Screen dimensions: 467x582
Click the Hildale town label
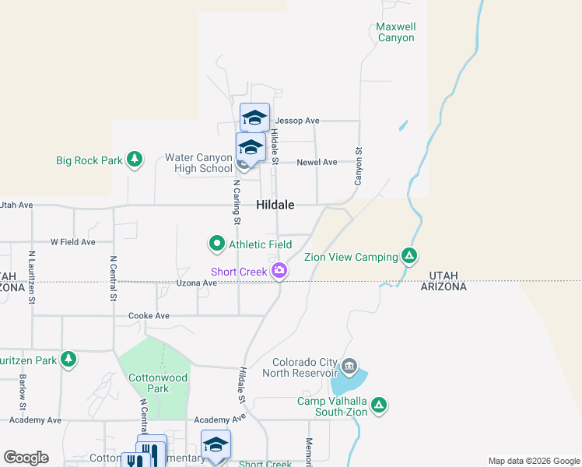(275, 205)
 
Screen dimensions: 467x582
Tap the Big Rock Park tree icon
(135, 160)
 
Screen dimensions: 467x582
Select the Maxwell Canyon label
(395, 32)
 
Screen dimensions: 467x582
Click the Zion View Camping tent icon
(408, 256)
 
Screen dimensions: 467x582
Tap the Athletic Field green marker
(217, 244)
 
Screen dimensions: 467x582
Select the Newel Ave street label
(317, 162)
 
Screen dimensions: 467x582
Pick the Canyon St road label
(359, 167)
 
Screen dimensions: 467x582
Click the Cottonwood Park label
(148, 382)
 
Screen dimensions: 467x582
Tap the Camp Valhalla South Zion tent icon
(379, 405)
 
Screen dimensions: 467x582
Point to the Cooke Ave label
(149, 316)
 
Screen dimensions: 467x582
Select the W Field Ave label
(73, 242)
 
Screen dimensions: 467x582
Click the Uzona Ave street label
(196, 283)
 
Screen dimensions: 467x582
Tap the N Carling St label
(237, 204)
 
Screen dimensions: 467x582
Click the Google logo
(26, 458)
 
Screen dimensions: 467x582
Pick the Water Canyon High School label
(198, 163)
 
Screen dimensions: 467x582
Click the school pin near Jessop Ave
(254, 118)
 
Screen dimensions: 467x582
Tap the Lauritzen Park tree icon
(69, 359)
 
